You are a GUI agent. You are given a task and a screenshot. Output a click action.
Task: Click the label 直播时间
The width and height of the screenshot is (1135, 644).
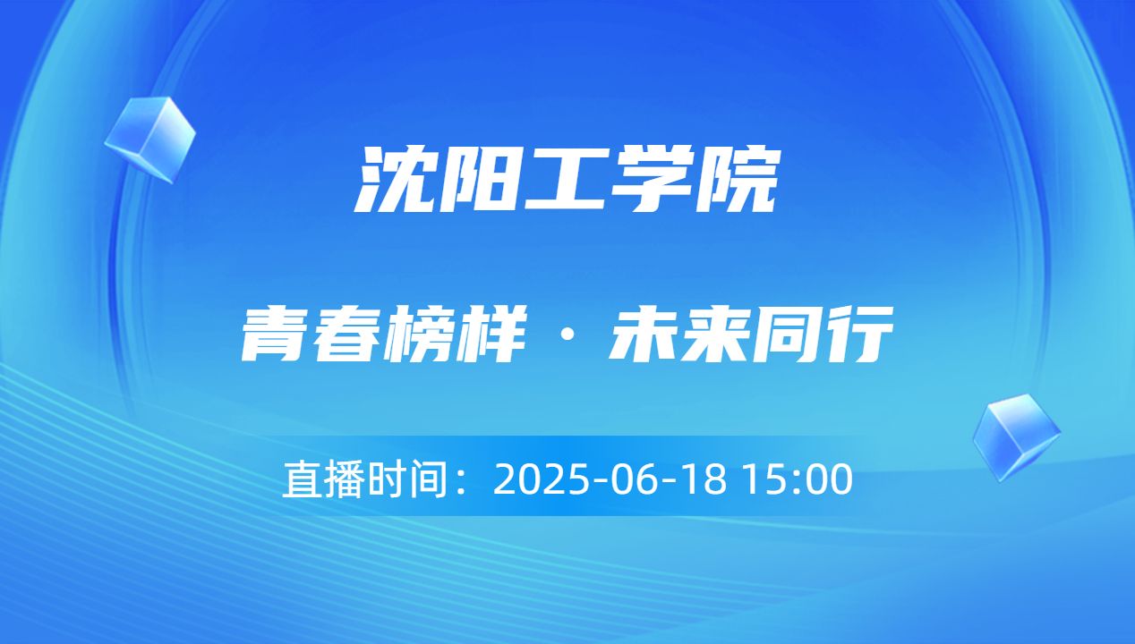(364, 479)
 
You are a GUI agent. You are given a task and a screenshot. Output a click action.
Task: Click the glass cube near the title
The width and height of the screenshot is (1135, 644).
(149, 139)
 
